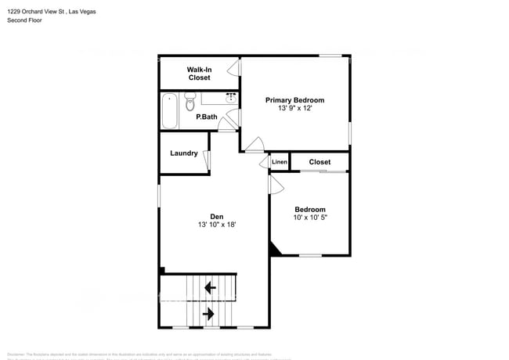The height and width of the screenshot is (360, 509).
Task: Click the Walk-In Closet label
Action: point(199,74)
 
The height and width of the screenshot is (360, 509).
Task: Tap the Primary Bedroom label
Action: point(294,100)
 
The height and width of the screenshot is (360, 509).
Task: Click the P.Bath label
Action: point(207,117)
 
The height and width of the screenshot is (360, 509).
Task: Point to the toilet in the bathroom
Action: point(190,105)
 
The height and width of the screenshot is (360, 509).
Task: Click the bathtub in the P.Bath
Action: point(169,110)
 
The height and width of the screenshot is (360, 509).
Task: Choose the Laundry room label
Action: point(184,153)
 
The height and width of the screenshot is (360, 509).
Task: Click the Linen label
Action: point(280,162)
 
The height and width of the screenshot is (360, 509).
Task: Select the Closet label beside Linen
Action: point(319,162)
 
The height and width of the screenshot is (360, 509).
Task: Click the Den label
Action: point(217,217)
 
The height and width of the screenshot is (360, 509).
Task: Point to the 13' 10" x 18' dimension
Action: point(217,225)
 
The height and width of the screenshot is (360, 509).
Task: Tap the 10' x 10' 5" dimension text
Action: point(310,218)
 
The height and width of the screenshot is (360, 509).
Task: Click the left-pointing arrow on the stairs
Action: point(210,288)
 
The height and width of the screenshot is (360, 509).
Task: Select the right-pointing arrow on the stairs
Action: point(209,315)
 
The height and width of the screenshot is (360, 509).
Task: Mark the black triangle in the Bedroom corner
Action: point(274,249)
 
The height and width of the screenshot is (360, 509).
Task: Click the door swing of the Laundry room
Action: point(208,160)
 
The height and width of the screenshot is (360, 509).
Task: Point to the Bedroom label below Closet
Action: point(310,209)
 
